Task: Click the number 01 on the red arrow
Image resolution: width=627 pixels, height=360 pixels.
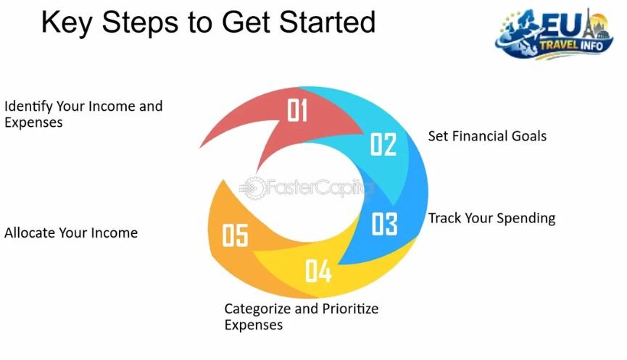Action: click(x=298, y=111)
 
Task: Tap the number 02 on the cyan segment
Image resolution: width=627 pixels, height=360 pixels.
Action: click(x=383, y=144)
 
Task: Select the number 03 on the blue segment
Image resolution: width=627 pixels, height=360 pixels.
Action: click(x=384, y=224)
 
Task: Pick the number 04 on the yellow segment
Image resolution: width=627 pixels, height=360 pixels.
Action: click(x=318, y=271)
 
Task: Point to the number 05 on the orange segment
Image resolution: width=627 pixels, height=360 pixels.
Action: click(x=235, y=236)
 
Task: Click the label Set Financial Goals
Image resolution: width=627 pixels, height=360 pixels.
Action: click(x=486, y=136)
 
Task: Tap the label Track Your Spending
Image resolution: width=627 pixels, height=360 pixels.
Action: click(x=491, y=218)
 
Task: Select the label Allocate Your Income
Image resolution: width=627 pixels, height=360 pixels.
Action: click(x=71, y=233)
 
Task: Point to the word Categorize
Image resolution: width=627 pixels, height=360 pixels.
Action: click(x=257, y=309)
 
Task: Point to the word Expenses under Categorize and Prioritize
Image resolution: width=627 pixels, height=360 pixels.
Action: click(x=253, y=325)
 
